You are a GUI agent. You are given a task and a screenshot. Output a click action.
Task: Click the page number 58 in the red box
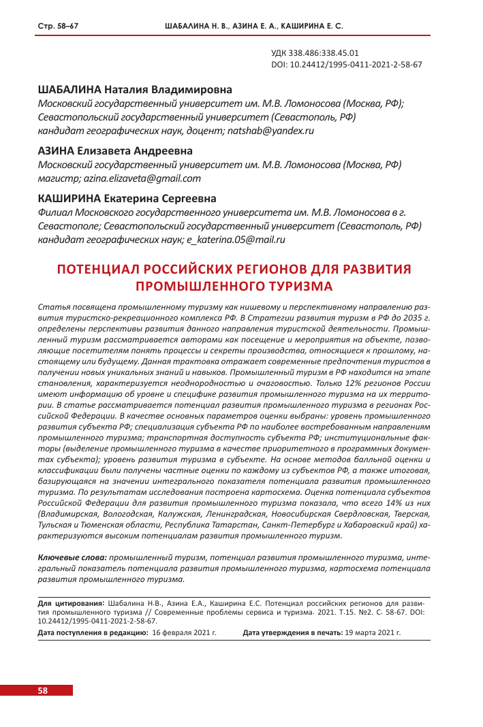tap(42, 690)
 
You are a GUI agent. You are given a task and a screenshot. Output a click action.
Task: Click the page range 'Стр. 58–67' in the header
tap(58, 26)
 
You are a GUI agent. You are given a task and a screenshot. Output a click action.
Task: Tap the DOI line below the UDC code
tap(346, 65)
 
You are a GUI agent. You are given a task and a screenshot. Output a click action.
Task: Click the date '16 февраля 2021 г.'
tap(184, 632)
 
